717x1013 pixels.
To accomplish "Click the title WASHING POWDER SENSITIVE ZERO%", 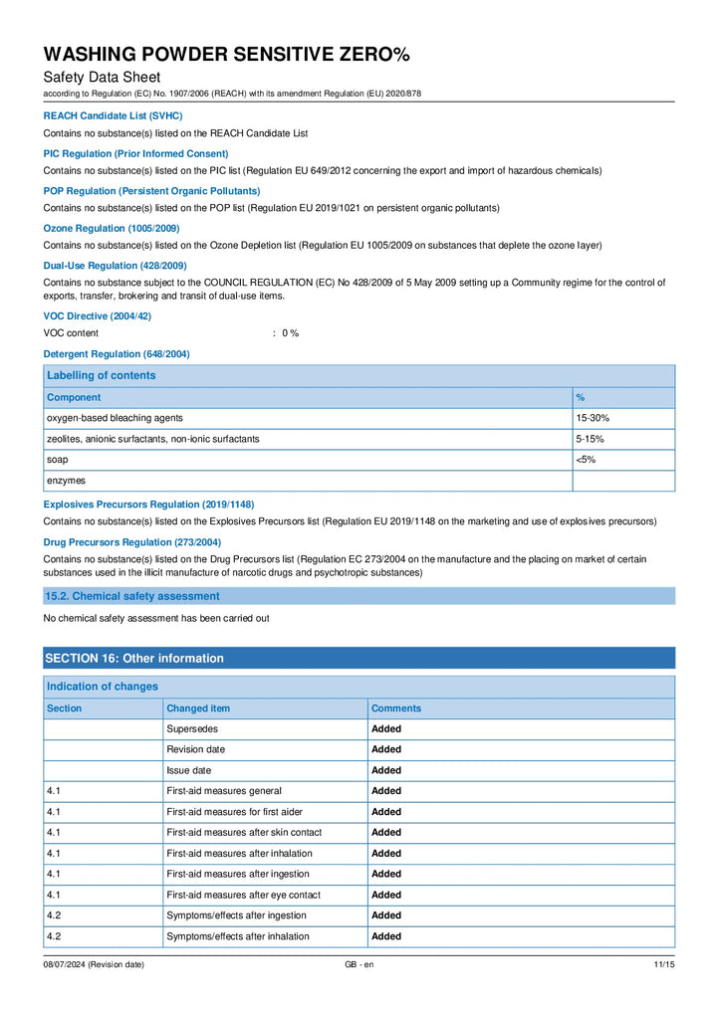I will click(226, 54).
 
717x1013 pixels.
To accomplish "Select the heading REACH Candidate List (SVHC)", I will click(113, 116).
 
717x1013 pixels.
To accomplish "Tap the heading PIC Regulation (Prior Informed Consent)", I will click(135, 154).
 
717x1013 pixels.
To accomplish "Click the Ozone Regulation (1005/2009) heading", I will click(112, 229).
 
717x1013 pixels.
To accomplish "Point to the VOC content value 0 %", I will click(290, 333).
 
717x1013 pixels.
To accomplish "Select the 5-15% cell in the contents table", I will click(591, 439).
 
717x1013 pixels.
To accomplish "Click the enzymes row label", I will click(67, 481).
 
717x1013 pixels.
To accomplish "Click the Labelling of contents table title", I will click(102, 375).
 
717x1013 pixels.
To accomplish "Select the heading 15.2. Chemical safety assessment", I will click(131, 596).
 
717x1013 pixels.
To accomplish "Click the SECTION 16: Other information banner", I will click(134, 658).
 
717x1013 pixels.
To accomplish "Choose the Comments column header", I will click(396, 709).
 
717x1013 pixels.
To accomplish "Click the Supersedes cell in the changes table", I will click(192, 729).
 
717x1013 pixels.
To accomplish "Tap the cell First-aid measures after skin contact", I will click(244, 833).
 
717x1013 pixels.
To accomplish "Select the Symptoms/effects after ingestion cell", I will click(236, 915).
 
